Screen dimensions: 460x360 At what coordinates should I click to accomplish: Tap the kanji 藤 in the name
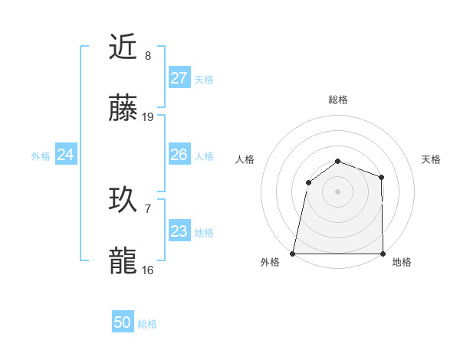coord(123,109)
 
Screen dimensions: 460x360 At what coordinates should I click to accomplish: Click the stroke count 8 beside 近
coord(148,56)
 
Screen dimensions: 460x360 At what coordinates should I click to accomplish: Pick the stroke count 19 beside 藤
coord(148,117)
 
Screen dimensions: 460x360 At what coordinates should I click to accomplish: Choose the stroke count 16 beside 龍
coord(148,270)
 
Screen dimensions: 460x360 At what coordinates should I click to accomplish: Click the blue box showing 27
coord(179,78)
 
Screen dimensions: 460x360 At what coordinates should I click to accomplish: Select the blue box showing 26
coord(179,155)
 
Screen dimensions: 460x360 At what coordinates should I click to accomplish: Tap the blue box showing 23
coord(179,231)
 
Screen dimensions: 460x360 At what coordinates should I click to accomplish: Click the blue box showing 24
coord(66,155)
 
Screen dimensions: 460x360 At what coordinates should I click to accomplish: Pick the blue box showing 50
coord(123,322)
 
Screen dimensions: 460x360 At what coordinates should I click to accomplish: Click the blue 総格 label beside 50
coord(148,324)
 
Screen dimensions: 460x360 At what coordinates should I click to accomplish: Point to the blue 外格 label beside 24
coord(41,156)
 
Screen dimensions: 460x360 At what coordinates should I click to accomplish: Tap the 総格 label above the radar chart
coord(337,100)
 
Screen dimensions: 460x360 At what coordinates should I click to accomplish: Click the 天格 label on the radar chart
coord(432,159)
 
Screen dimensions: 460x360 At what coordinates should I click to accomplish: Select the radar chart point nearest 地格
coord(383,254)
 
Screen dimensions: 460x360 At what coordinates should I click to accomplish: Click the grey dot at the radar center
coord(337,191)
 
